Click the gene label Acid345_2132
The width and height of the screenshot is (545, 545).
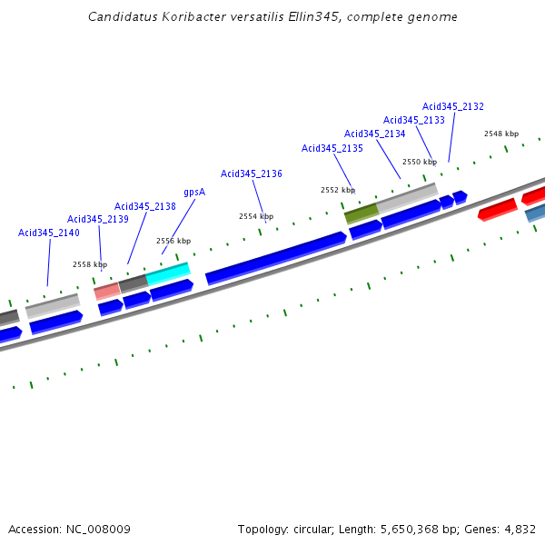pyautogui.click(x=452, y=106)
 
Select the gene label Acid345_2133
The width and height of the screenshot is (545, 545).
pyautogui.click(x=413, y=120)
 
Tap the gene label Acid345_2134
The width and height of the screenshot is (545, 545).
pyautogui.click(x=374, y=134)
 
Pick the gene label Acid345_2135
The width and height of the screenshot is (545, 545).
pyautogui.click(x=332, y=148)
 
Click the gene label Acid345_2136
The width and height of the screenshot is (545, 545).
pyautogui.click(x=251, y=173)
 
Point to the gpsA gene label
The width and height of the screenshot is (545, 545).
pyautogui.click(x=194, y=192)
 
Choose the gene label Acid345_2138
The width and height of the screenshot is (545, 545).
pyautogui.click(x=144, y=206)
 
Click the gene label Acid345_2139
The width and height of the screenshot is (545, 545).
pyautogui.click(x=97, y=219)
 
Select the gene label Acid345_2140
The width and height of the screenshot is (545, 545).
pyautogui.click(x=48, y=233)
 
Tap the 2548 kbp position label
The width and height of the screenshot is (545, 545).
pyautogui.click(x=500, y=134)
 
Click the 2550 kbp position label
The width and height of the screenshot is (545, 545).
pyautogui.click(x=420, y=162)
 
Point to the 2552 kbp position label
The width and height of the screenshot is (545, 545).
pyautogui.click(x=338, y=190)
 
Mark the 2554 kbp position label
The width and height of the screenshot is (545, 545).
pyautogui.click(x=256, y=216)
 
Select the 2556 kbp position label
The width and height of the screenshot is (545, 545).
pyautogui.click(x=173, y=241)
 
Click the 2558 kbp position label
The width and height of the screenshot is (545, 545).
pyautogui.click(x=90, y=264)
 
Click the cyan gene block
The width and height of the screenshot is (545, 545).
pyautogui.click(x=168, y=273)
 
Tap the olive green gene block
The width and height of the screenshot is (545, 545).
pyautogui.click(x=361, y=214)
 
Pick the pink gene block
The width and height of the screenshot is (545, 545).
pyautogui.click(x=106, y=291)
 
